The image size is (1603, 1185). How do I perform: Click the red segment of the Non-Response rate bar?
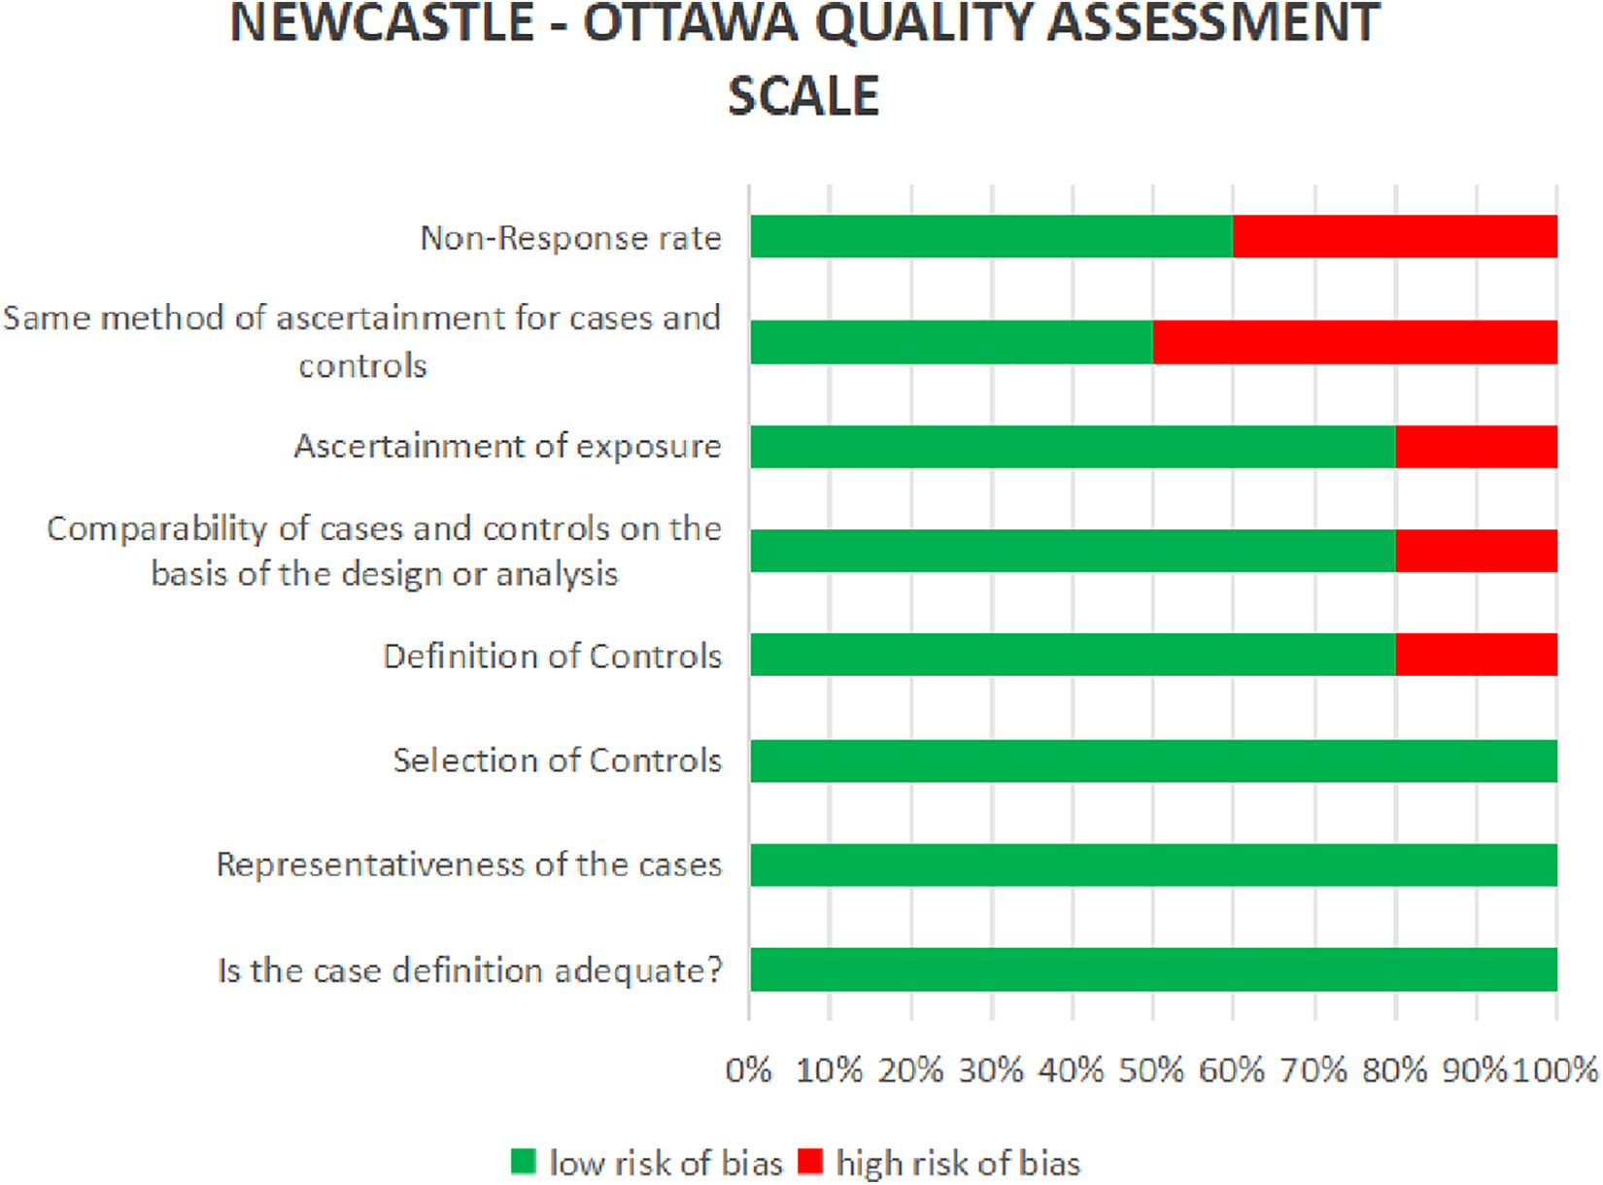[x=1394, y=236]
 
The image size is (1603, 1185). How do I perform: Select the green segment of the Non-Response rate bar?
[x=991, y=236]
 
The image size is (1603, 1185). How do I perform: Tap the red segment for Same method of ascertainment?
[x=1354, y=342]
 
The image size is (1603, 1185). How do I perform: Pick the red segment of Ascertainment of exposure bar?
[x=1476, y=446]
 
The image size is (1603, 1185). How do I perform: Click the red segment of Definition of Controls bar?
[x=1476, y=655]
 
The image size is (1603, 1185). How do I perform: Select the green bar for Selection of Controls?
[x=1153, y=761]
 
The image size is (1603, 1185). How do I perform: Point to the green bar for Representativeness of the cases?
[x=1153, y=864]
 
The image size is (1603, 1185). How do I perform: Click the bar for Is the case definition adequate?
[x=1153, y=969]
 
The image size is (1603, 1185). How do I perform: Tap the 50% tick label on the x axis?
[x=1151, y=1070]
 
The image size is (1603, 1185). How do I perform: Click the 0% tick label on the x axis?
[x=748, y=1070]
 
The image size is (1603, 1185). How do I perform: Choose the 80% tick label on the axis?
[x=1394, y=1070]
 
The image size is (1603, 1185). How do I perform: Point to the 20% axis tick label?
[x=910, y=1070]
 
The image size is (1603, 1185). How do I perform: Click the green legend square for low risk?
[x=524, y=1162]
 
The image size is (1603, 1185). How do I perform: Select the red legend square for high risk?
[x=810, y=1162]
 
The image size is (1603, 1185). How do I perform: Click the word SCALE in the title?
[x=802, y=95]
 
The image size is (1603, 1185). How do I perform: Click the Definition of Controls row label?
[x=552, y=657]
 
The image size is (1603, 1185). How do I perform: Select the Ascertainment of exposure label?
[x=507, y=446]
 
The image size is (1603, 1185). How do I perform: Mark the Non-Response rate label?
[x=570, y=238]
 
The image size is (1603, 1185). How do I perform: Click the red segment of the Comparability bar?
[x=1476, y=551]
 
